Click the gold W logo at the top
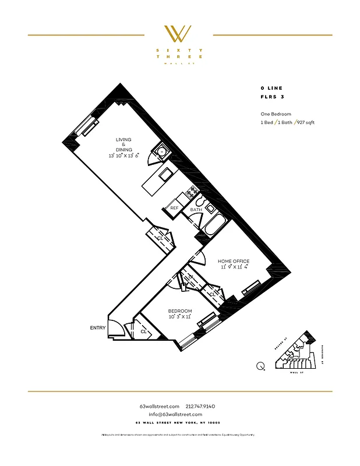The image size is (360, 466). tap(179, 33)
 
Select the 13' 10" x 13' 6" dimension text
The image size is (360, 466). tap(123, 156)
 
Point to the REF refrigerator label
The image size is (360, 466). tap(174, 208)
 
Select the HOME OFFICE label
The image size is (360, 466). tap(235, 261)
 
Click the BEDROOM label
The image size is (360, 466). tap(180, 310)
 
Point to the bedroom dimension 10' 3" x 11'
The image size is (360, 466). tap(180, 317)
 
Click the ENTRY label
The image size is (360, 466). tap(98, 328)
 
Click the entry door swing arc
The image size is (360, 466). tap(117, 330)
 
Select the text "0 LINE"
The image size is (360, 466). tap(271, 87)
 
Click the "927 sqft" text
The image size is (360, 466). tap(306, 123)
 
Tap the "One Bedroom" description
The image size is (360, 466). tap(276, 114)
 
